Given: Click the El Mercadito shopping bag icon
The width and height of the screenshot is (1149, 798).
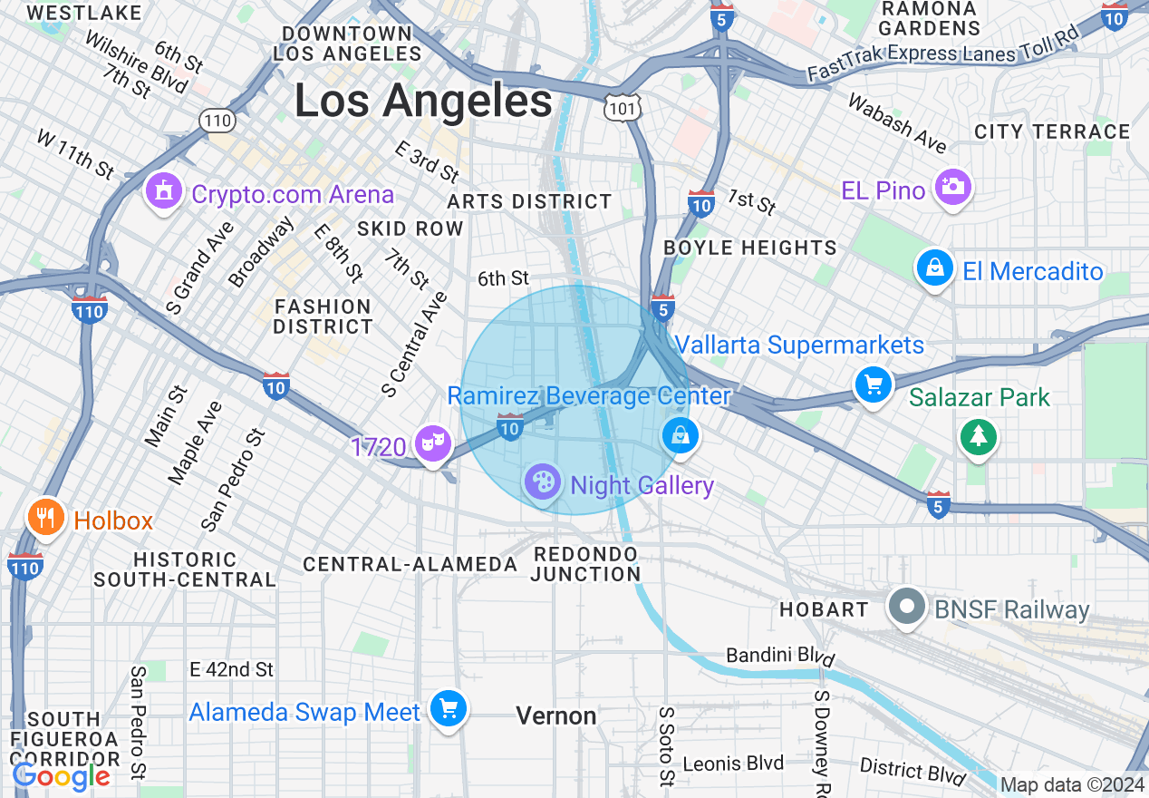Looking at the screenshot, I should (x=935, y=268).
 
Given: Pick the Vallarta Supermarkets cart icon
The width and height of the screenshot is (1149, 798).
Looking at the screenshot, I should (x=874, y=385).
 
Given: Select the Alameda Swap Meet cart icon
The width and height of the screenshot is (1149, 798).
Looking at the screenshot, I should (x=449, y=708).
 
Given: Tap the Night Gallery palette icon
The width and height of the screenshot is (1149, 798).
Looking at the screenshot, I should (x=543, y=482).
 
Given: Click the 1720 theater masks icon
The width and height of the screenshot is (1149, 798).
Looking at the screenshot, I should (x=433, y=443).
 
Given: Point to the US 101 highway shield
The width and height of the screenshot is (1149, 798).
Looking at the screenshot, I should (x=623, y=107).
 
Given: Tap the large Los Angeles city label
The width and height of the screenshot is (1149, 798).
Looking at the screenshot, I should (x=423, y=101).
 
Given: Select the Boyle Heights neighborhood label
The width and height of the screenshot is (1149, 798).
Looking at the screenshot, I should (x=749, y=248).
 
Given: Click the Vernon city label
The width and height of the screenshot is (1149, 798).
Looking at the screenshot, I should (x=556, y=716).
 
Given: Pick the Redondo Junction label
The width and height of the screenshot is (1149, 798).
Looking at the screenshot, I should (x=585, y=563).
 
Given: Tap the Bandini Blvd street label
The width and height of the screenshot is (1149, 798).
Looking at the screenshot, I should (x=780, y=656).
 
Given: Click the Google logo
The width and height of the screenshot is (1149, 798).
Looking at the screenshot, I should (x=62, y=776).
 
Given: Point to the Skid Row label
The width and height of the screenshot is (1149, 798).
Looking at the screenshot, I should (x=410, y=229).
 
